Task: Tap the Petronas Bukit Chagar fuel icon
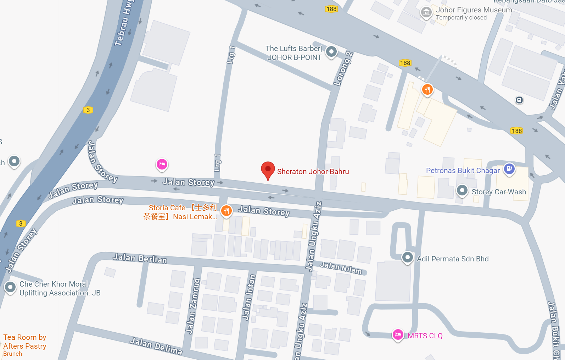click(509, 168)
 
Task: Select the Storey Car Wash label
click(498, 192)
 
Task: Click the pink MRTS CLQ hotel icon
click(398, 334)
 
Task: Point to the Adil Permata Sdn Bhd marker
click(408, 257)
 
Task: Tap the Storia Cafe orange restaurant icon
click(226, 211)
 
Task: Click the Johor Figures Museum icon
click(426, 12)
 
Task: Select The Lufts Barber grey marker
click(331, 52)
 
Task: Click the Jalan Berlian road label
click(140, 258)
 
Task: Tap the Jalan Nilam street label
click(341, 268)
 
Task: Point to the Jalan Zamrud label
click(193, 306)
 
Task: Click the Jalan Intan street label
click(248, 297)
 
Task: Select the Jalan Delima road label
click(156, 346)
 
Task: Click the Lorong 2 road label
click(343, 68)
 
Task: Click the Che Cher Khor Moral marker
click(10, 287)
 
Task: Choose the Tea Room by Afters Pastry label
click(25, 342)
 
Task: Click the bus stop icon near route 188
click(519, 100)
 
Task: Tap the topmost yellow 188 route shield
click(331, 9)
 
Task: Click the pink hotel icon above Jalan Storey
click(162, 164)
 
